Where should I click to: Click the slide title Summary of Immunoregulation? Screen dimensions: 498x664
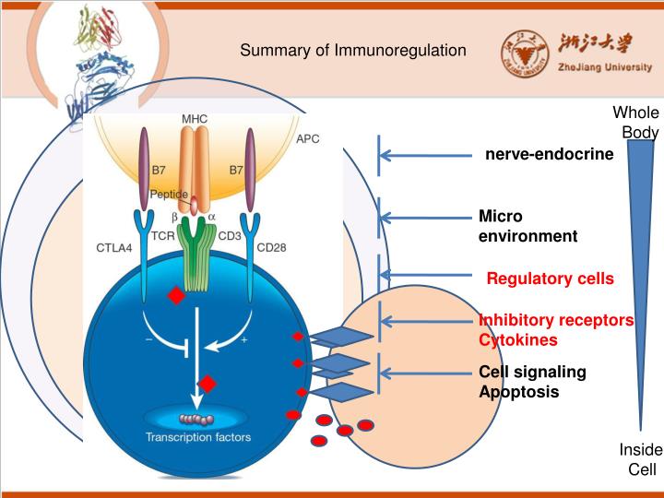353,50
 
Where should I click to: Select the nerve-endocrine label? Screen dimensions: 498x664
549,154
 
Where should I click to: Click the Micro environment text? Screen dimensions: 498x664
528,226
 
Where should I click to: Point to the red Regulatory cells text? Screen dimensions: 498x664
550,278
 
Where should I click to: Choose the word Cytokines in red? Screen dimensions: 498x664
517,339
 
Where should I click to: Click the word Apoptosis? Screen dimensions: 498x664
518,391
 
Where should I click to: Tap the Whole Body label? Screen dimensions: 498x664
636,122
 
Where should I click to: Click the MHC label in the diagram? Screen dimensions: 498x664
194,118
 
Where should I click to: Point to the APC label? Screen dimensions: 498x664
308,139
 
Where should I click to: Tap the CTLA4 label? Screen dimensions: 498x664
114,247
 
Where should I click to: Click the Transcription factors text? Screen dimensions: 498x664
197,436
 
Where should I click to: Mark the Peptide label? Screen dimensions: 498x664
169,195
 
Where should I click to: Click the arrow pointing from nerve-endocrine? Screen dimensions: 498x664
424,155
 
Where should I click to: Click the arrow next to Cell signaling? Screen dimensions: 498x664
424,373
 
